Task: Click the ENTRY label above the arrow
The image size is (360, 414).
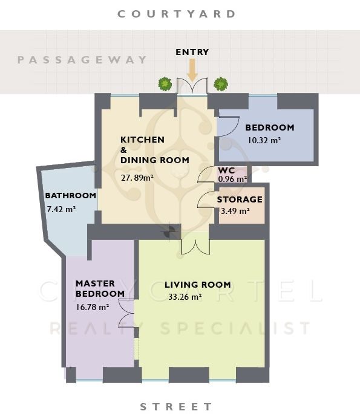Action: [192, 52]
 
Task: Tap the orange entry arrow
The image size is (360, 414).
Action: [192, 70]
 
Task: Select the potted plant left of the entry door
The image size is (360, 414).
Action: [165, 84]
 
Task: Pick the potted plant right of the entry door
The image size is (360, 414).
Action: [221, 84]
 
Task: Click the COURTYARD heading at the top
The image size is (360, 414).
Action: [177, 14]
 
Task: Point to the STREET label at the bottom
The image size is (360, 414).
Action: [176, 407]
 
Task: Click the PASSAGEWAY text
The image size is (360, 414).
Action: [82, 60]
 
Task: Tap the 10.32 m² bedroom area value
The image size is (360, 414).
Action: [264, 140]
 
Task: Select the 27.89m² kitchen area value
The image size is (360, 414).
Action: [137, 178]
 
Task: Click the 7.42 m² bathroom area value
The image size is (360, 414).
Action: [61, 209]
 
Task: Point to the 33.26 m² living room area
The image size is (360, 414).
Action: [185, 297]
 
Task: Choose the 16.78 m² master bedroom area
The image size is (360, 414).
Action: [93, 307]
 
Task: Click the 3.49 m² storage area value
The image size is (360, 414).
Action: [235, 211]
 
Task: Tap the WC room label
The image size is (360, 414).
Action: [226, 170]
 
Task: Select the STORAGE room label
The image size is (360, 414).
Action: [240, 199]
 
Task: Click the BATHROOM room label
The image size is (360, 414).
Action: [71, 196]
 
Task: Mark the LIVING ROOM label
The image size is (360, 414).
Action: [198, 285]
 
